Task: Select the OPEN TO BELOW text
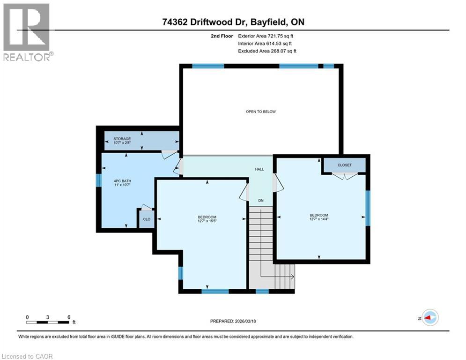coord(261,112)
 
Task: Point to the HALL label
coord(259,169)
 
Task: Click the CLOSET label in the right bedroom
coord(344,165)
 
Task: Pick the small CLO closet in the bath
coord(147,219)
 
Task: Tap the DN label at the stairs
coord(261,201)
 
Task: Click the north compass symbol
coord(429,318)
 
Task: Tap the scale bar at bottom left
coord(48,322)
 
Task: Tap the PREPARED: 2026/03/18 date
coord(233,321)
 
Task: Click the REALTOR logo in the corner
coord(27,32)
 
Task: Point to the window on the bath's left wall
coord(99,180)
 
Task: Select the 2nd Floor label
coord(222,36)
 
